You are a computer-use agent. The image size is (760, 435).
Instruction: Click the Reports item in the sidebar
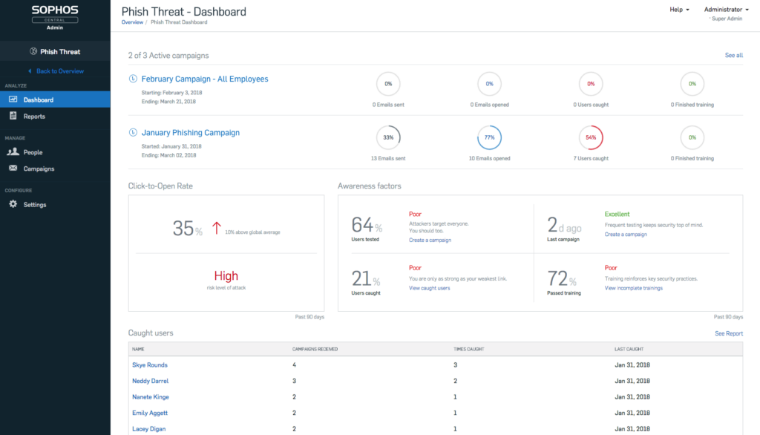(33, 117)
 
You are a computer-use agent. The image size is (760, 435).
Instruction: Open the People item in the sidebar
(33, 152)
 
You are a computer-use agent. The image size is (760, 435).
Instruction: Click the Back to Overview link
(59, 71)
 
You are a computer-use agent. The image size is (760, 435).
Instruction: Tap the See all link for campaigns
(733, 56)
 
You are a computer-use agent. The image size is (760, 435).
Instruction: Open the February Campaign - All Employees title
(204, 79)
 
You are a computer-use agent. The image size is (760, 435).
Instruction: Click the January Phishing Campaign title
(190, 133)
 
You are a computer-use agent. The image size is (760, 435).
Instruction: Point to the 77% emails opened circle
(489, 137)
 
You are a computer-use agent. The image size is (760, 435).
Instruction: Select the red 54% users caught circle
(591, 137)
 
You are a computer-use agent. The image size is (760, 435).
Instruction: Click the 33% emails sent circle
(388, 137)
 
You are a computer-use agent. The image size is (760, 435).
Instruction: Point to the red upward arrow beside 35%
(217, 228)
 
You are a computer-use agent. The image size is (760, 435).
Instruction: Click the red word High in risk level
(226, 276)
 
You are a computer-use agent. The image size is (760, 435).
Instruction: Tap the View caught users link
(429, 288)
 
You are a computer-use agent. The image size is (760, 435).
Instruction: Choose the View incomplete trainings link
(633, 288)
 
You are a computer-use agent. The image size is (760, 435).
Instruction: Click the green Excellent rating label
(617, 215)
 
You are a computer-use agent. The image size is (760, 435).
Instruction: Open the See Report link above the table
(728, 333)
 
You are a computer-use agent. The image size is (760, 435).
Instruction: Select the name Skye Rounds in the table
(149, 365)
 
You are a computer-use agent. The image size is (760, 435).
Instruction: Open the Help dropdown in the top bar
(679, 10)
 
